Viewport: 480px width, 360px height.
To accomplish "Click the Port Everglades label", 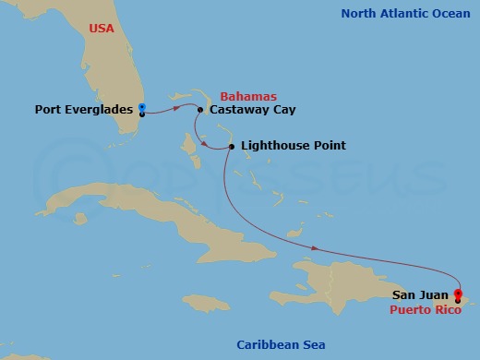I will pyautogui.click(x=84, y=110).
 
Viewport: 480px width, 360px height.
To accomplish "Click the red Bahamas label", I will pyautogui.click(x=248, y=96).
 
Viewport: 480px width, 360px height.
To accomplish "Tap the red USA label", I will pyautogui.click(x=102, y=29).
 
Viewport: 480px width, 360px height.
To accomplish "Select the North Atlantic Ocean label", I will pyautogui.click(x=406, y=13).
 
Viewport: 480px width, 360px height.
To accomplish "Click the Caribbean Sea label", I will pyautogui.click(x=281, y=344).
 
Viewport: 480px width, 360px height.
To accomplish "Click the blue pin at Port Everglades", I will pyautogui.click(x=141, y=107).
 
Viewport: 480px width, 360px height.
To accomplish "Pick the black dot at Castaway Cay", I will pyautogui.click(x=200, y=110).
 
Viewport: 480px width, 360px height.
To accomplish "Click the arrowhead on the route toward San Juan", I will pyautogui.click(x=317, y=247).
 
